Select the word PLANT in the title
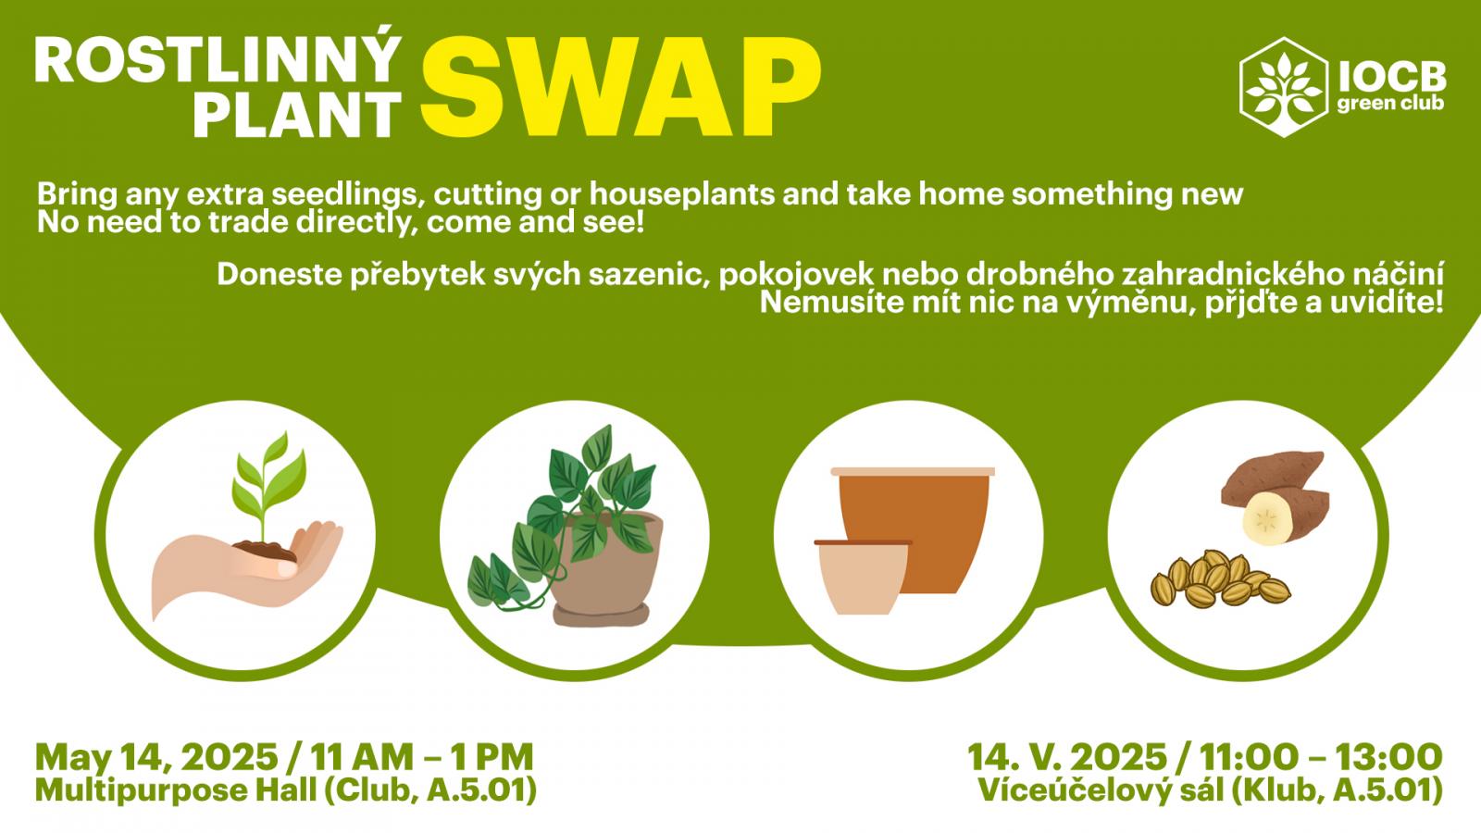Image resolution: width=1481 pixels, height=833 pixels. pos(297,115)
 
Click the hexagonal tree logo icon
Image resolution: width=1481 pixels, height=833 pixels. pos(1283,87)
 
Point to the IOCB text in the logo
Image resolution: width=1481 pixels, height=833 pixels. pos(1392,78)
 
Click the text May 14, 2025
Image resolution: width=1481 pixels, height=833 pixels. pos(156,758)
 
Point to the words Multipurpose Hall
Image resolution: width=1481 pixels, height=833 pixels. pos(176,790)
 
